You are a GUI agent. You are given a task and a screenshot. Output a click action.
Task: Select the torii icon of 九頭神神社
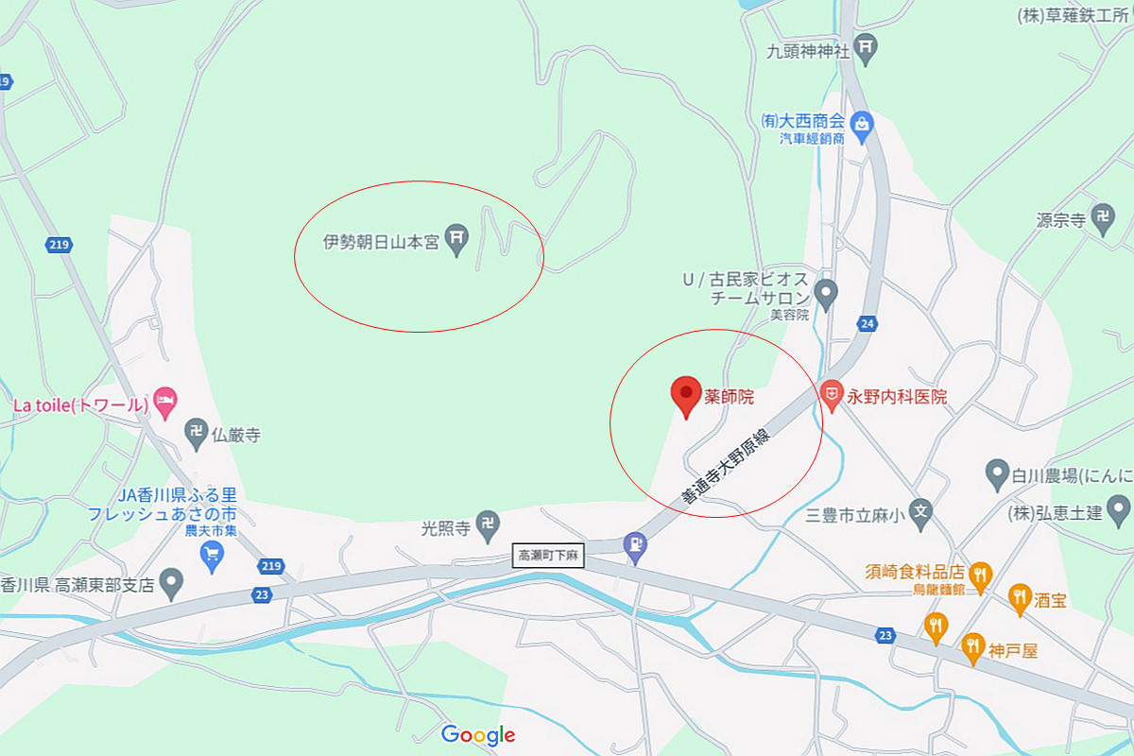pyautogui.click(x=867, y=47)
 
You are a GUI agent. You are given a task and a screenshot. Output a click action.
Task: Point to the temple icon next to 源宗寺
pyautogui.click(x=1102, y=218)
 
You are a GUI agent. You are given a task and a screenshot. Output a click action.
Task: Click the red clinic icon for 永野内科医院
pyautogui.click(x=831, y=393)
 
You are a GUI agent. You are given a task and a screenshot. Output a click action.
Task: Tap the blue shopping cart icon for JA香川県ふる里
pyautogui.click(x=213, y=556)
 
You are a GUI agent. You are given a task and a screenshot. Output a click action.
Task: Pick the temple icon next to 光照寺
pyautogui.click(x=488, y=523)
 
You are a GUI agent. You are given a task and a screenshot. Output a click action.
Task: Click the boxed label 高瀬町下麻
pyautogui.click(x=549, y=557)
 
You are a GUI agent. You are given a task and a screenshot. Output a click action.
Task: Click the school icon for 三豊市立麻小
pyautogui.click(x=923, y=514)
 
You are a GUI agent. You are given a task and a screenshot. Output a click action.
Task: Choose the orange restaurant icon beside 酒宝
pyautogui.click(x=1019, y=596)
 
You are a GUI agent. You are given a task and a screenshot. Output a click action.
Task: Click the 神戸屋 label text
pyautogui.click(x=1013, y=651)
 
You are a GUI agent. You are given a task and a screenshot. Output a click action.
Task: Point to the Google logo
pyautogui.click(x=478, y=734)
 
